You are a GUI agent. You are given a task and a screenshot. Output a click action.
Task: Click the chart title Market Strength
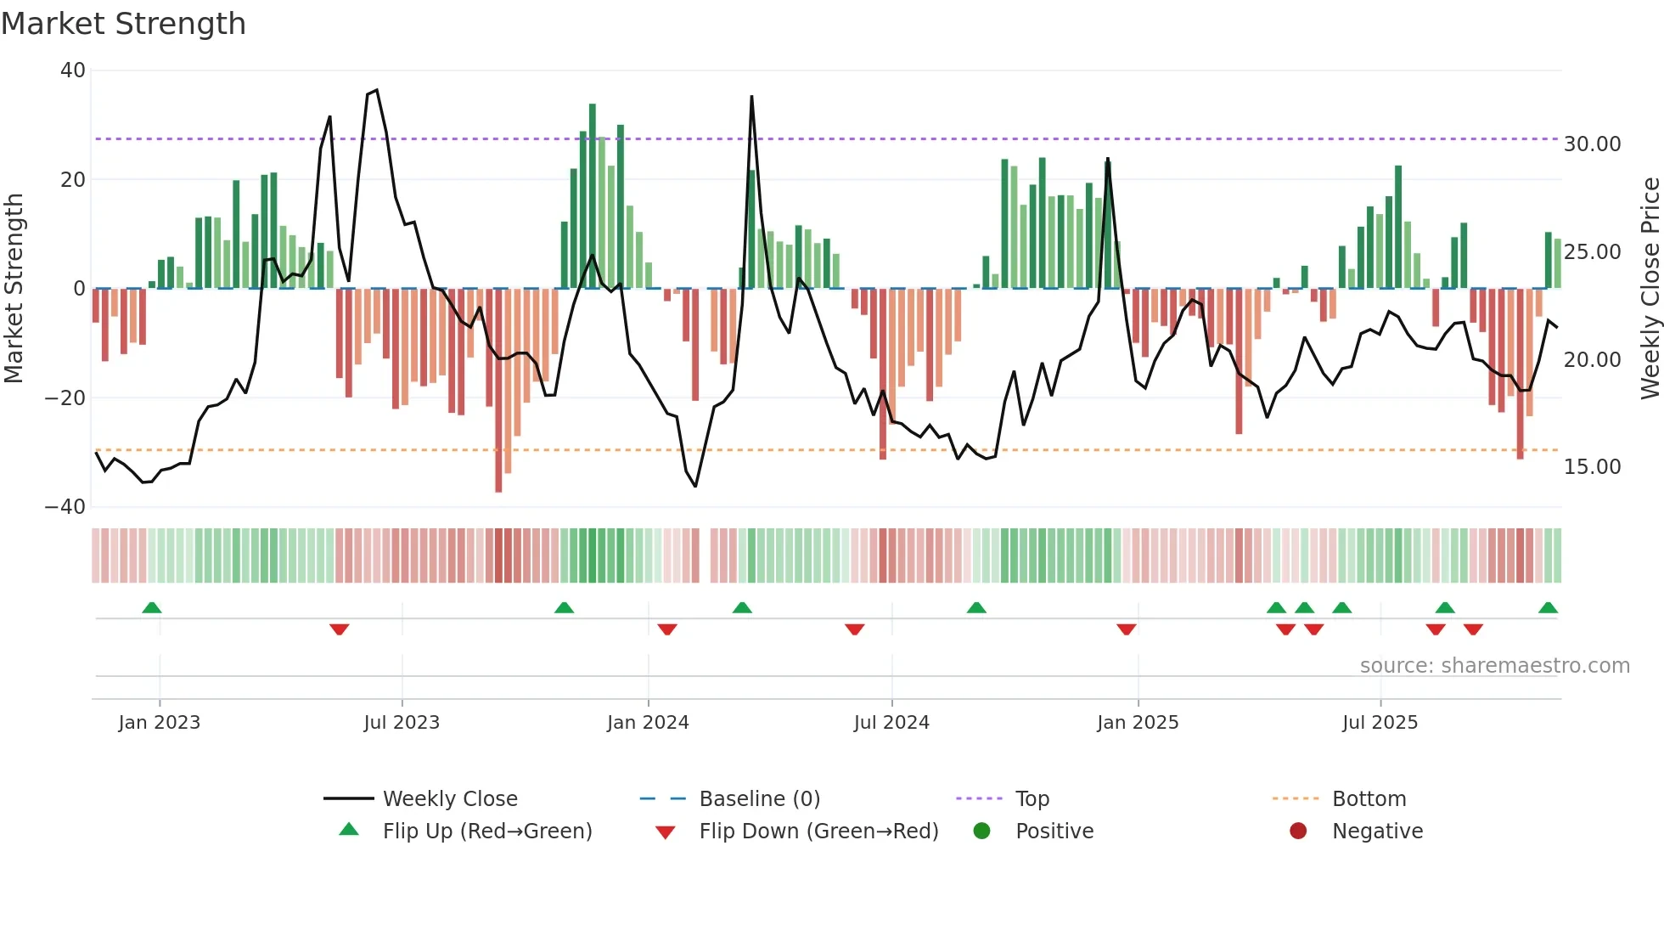(x=123, y=24)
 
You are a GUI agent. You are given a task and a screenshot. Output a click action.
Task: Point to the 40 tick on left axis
(x=73, y=70)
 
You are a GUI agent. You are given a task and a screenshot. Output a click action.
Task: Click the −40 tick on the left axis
(x=65, y=507)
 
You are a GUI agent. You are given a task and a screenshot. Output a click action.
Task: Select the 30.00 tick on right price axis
(x=1592, y=144)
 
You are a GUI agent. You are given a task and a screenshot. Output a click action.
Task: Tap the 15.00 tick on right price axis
(x=1592, y=467)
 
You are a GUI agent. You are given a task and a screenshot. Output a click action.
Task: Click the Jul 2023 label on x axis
(x=402, y=723)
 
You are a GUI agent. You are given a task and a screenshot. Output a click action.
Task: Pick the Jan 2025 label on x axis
(x=1138, y=723)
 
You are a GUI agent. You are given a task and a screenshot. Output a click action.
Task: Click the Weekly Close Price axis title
(x=1650, y=289)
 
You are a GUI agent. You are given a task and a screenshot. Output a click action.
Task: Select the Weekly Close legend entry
(x=449, y=799)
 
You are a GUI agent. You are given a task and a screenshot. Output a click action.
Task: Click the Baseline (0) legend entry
(x=759, y=799)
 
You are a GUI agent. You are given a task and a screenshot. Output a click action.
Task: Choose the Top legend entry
(x=1032, y=799)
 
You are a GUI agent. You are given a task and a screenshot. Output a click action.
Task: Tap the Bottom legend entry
(x=1369, y=799)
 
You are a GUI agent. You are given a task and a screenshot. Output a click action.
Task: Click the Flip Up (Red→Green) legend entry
(x=486, y=832)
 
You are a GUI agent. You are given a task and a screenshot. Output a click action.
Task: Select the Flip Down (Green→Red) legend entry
(x=818, y=832)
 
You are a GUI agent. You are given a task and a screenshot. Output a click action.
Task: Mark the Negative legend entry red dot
(x=1298, y=832)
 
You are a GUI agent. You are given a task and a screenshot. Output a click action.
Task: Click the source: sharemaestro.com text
(x=1494, y=666)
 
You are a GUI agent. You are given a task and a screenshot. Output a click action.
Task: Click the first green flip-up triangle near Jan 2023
(x=152, y=607)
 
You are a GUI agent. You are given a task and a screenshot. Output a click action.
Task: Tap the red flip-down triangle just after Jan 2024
(x=667, y=629)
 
